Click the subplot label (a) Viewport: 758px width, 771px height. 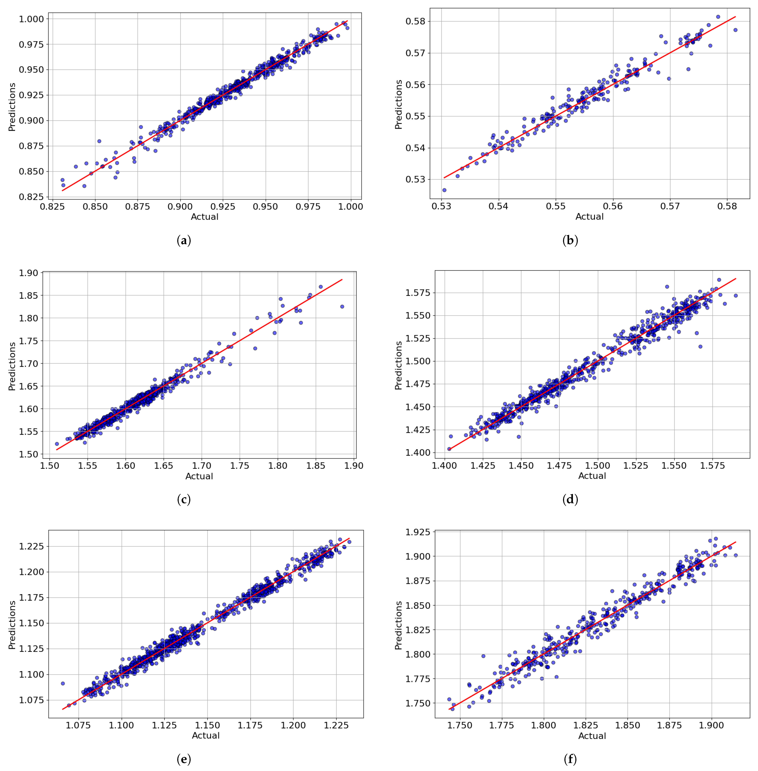184,240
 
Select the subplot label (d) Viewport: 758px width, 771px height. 570,499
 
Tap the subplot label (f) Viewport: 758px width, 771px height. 570,759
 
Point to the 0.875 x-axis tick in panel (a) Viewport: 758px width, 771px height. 137,207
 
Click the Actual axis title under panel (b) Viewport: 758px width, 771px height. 589,217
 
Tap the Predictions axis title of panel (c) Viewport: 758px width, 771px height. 12,366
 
